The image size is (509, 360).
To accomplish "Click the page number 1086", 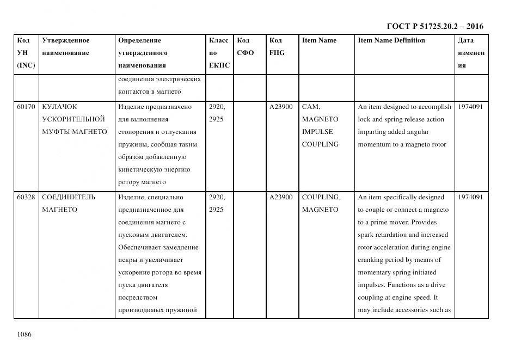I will [24, 334].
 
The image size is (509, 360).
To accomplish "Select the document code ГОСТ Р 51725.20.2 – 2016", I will [434, 26].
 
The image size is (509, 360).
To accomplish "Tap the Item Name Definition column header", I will [391, 40].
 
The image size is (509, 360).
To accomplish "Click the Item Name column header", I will [319, 40].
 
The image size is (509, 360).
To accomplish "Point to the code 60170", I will [26, 107].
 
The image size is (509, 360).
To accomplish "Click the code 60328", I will [26, 197].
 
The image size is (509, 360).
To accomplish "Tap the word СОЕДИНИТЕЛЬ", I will [69, 197].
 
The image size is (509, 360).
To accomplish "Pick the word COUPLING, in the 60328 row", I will [321, 197].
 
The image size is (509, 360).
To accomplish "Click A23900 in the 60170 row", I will [281, 107].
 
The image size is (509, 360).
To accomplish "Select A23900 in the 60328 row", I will [281, 197].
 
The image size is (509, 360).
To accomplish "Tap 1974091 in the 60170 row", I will [470, 107].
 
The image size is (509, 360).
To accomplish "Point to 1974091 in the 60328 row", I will [470, 197].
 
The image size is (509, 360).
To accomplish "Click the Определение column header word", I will [139, 40].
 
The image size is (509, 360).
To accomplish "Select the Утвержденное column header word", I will [65, 40].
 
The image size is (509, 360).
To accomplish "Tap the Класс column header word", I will [218, 40].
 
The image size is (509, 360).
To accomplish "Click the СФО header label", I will [246, 53].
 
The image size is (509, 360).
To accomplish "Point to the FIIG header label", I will [277, 53].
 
